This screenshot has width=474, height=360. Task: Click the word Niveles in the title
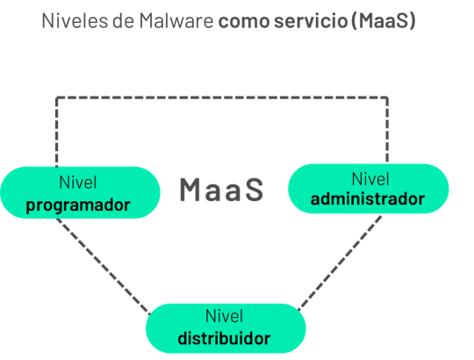(x=75, y=21)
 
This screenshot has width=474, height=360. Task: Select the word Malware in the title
(x=176, y=21)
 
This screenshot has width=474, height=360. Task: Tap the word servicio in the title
(x=311, y=21)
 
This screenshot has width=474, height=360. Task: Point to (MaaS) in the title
(x=384, y=21)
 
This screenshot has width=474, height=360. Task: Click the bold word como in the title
(x=244, y=22)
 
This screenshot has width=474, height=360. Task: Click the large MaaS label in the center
(x=221, y=190)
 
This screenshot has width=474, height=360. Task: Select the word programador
(x=78, y=205)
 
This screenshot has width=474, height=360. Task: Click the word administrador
(x=368, y=199)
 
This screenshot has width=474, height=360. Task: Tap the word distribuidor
(x=224, y=338)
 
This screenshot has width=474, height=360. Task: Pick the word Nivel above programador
(x=78, y=183)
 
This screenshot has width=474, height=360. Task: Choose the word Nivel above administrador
(x=370, y=179)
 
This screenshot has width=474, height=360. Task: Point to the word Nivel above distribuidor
(x=224, y=316)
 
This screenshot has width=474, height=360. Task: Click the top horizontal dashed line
(x=222, y=97)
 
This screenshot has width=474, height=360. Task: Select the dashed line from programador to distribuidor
(x=103, y=266)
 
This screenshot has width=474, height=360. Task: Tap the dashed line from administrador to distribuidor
(x=340, y=263)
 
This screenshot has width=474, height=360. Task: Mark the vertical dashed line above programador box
(x=56, y=132)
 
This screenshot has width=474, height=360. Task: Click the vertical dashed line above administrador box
(x=387, y=130)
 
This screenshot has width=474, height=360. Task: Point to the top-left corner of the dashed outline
(x=56, y=97)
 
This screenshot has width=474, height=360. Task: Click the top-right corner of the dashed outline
(x=387, y=97)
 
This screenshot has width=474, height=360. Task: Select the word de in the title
(x=124, y=21)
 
